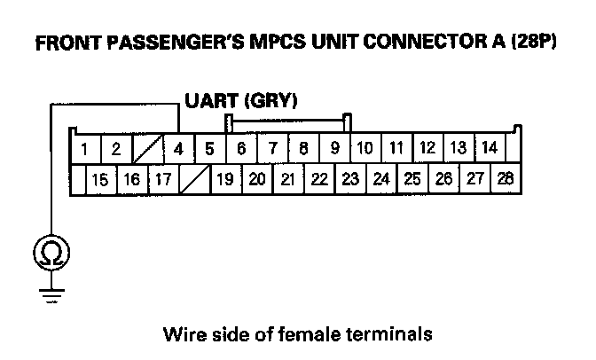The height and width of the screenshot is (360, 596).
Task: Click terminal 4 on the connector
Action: pos(178,148)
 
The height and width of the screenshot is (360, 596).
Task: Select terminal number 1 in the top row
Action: pos(84,148)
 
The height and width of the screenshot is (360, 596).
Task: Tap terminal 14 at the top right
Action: pos(489,147)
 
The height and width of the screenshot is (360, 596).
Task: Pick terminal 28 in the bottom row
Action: pos(506,179)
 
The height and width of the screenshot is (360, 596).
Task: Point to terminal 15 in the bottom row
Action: pos(100,180)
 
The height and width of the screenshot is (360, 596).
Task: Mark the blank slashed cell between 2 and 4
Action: pos(147,148)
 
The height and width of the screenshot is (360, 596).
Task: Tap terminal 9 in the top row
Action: pos(334,148)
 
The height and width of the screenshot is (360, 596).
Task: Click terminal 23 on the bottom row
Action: pos(349,180)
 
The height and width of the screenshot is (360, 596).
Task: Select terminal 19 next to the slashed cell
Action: pos(225,180)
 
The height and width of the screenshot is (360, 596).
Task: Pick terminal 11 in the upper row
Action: pos(396,147)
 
